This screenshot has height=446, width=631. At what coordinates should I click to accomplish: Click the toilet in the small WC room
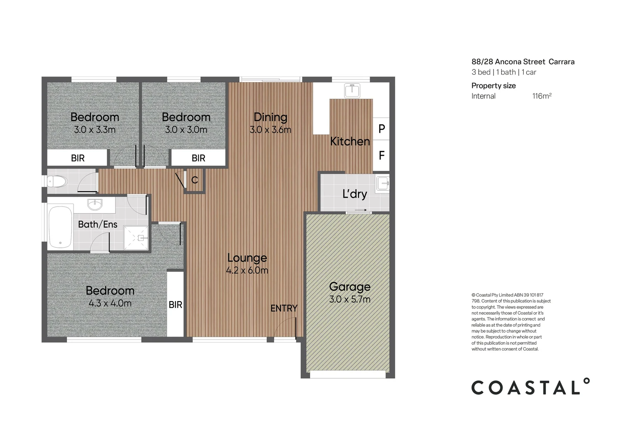pyautogui.click(x=57, y=181)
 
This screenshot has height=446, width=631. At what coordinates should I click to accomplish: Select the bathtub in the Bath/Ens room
pyautogui.click(x=60, y=227)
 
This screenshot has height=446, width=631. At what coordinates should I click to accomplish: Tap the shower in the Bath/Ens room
pyautogui.click(x=136, y=238)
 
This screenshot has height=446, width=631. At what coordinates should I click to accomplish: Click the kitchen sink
pyautogui.click(x=352, y=90)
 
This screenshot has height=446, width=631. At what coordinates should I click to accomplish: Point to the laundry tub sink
pyautogui.click(x=382, y=183)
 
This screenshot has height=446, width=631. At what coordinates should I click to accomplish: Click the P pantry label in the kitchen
pyautogui.click(x=382, y=129)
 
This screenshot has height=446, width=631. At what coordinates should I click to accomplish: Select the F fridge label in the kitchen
pyautogui.click(x=382, y=156)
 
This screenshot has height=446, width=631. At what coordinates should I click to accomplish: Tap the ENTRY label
pyautogui.click(x=284, y=308)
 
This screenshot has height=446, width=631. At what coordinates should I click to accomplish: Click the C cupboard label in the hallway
pyautogui.click(x=195, y=180)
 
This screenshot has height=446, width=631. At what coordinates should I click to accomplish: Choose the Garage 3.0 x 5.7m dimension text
pyautogui.click(x=350, y=299)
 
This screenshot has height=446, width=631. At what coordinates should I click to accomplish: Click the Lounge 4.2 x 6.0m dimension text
pyautogui.click(x=247, y=270)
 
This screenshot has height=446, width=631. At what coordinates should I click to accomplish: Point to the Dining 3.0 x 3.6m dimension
pyautogui.click(x=270, y=130)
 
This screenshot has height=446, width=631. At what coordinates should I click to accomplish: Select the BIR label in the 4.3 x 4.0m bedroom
pyautogui.click(x=176, y=305)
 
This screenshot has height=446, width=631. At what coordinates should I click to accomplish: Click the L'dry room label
pyautogui.click(x=354, y=194)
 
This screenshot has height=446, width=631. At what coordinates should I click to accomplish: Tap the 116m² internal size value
pyautogui.click(x=542, y=96)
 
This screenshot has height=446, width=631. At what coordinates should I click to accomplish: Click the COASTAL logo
pyautogui.click(x=530, y=387)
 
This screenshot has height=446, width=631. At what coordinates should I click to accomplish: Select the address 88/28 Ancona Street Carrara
pyautogui.click(x=523, y=62)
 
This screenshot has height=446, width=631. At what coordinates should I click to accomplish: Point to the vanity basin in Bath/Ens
pyautogui.click(x=95, y=204)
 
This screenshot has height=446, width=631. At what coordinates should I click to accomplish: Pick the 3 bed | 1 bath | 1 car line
pyautogui.click(x=504, y=72)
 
